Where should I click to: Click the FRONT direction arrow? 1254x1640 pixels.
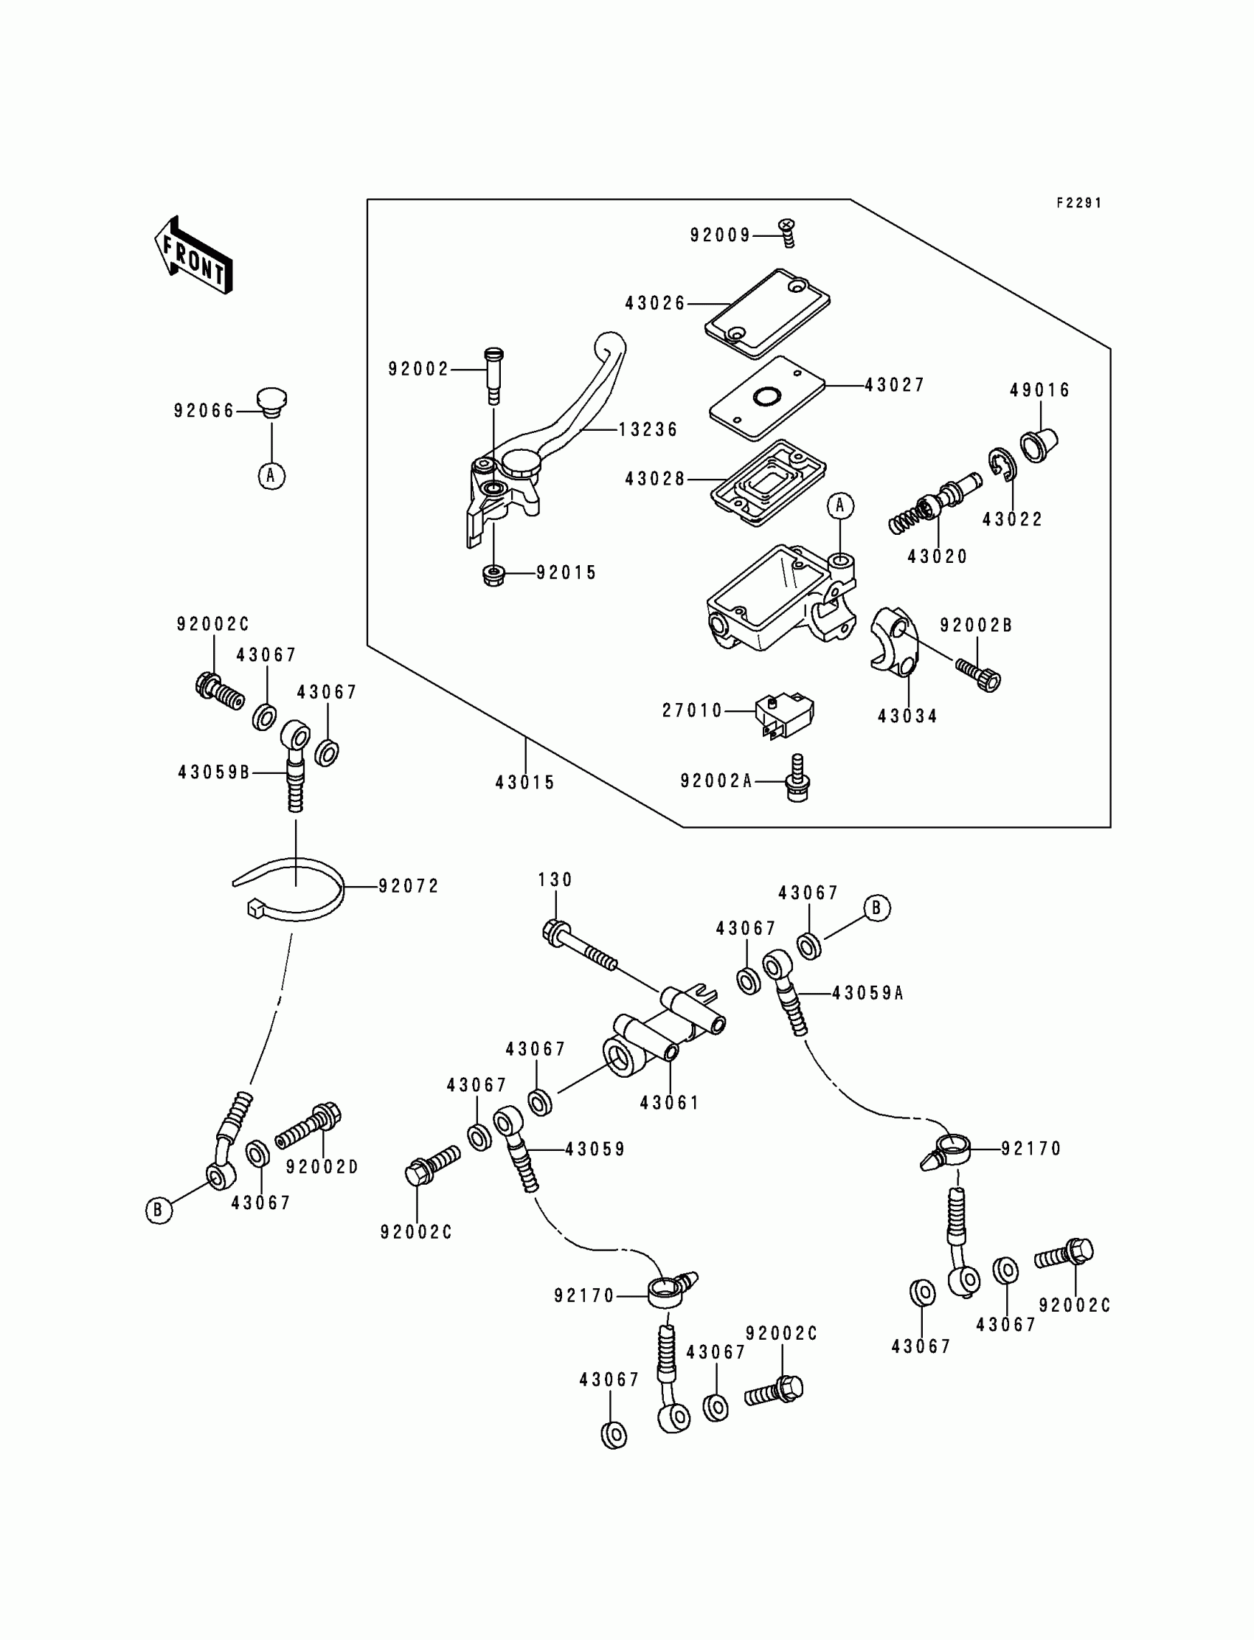[x=193, y=255]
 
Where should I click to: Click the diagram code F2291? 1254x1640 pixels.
[x=1078, y=203]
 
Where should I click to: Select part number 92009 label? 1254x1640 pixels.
[x=719, y=236]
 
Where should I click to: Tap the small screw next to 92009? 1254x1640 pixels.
[x=788, y=232]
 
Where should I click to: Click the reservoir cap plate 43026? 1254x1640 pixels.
[x=767, y=314]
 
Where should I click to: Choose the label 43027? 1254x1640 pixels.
[x=894, y=385]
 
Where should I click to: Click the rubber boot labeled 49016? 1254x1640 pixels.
[x=1039, y=445]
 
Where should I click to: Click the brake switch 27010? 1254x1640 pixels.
[x=783, y=714]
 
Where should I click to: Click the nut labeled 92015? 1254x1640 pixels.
[x=493, y=575]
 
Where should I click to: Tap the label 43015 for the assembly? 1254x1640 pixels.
[x=524, y=783]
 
